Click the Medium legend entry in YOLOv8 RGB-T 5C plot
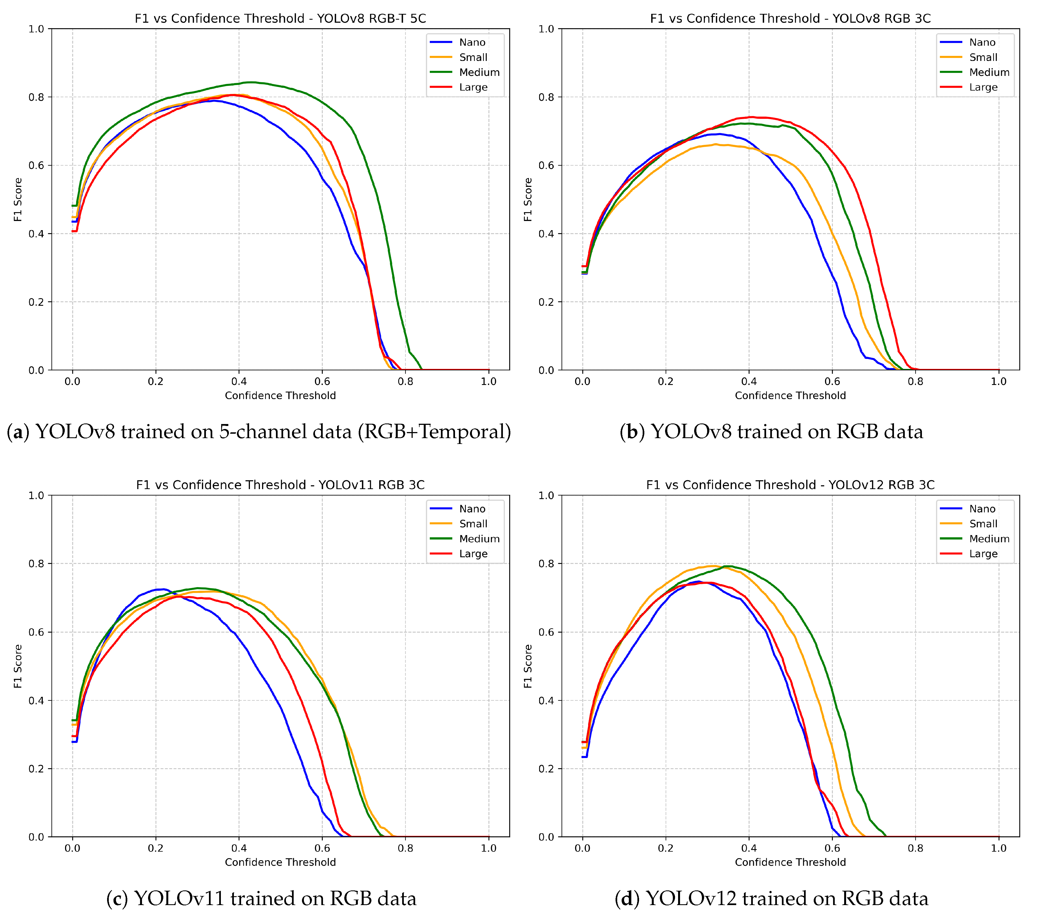479,72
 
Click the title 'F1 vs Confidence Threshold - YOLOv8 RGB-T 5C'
280,18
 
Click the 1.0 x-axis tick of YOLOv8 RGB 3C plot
998,381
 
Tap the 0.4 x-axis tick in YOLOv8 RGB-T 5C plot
239,381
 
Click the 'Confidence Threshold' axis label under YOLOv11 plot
280,862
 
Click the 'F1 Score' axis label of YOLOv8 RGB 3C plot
528,199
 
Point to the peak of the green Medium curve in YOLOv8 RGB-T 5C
249,82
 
